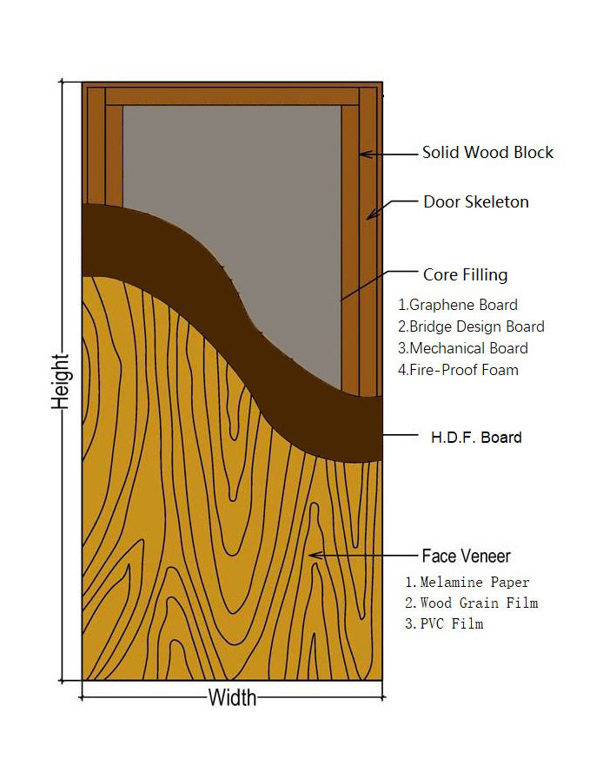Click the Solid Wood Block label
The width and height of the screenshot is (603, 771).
pos(487,153)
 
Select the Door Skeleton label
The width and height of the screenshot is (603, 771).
pos(475,202)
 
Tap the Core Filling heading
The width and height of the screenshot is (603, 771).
pos(465,275)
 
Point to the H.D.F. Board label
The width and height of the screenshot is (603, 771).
pos(477,437)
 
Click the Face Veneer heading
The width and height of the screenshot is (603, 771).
pos(466,556)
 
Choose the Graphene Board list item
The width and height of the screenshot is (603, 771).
pos(458,306)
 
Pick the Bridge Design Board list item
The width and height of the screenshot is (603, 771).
pos(471,327)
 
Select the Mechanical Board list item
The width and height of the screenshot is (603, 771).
pos(463,348)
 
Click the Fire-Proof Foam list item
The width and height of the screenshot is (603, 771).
pos(458,370)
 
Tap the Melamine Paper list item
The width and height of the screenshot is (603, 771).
pos(467,582)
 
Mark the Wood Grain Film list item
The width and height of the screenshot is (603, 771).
pos(471,603)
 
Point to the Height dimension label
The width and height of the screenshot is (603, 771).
pos(60,382)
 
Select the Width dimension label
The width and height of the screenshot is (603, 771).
pos(232,697)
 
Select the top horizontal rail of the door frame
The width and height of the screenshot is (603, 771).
pos(232,96)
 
